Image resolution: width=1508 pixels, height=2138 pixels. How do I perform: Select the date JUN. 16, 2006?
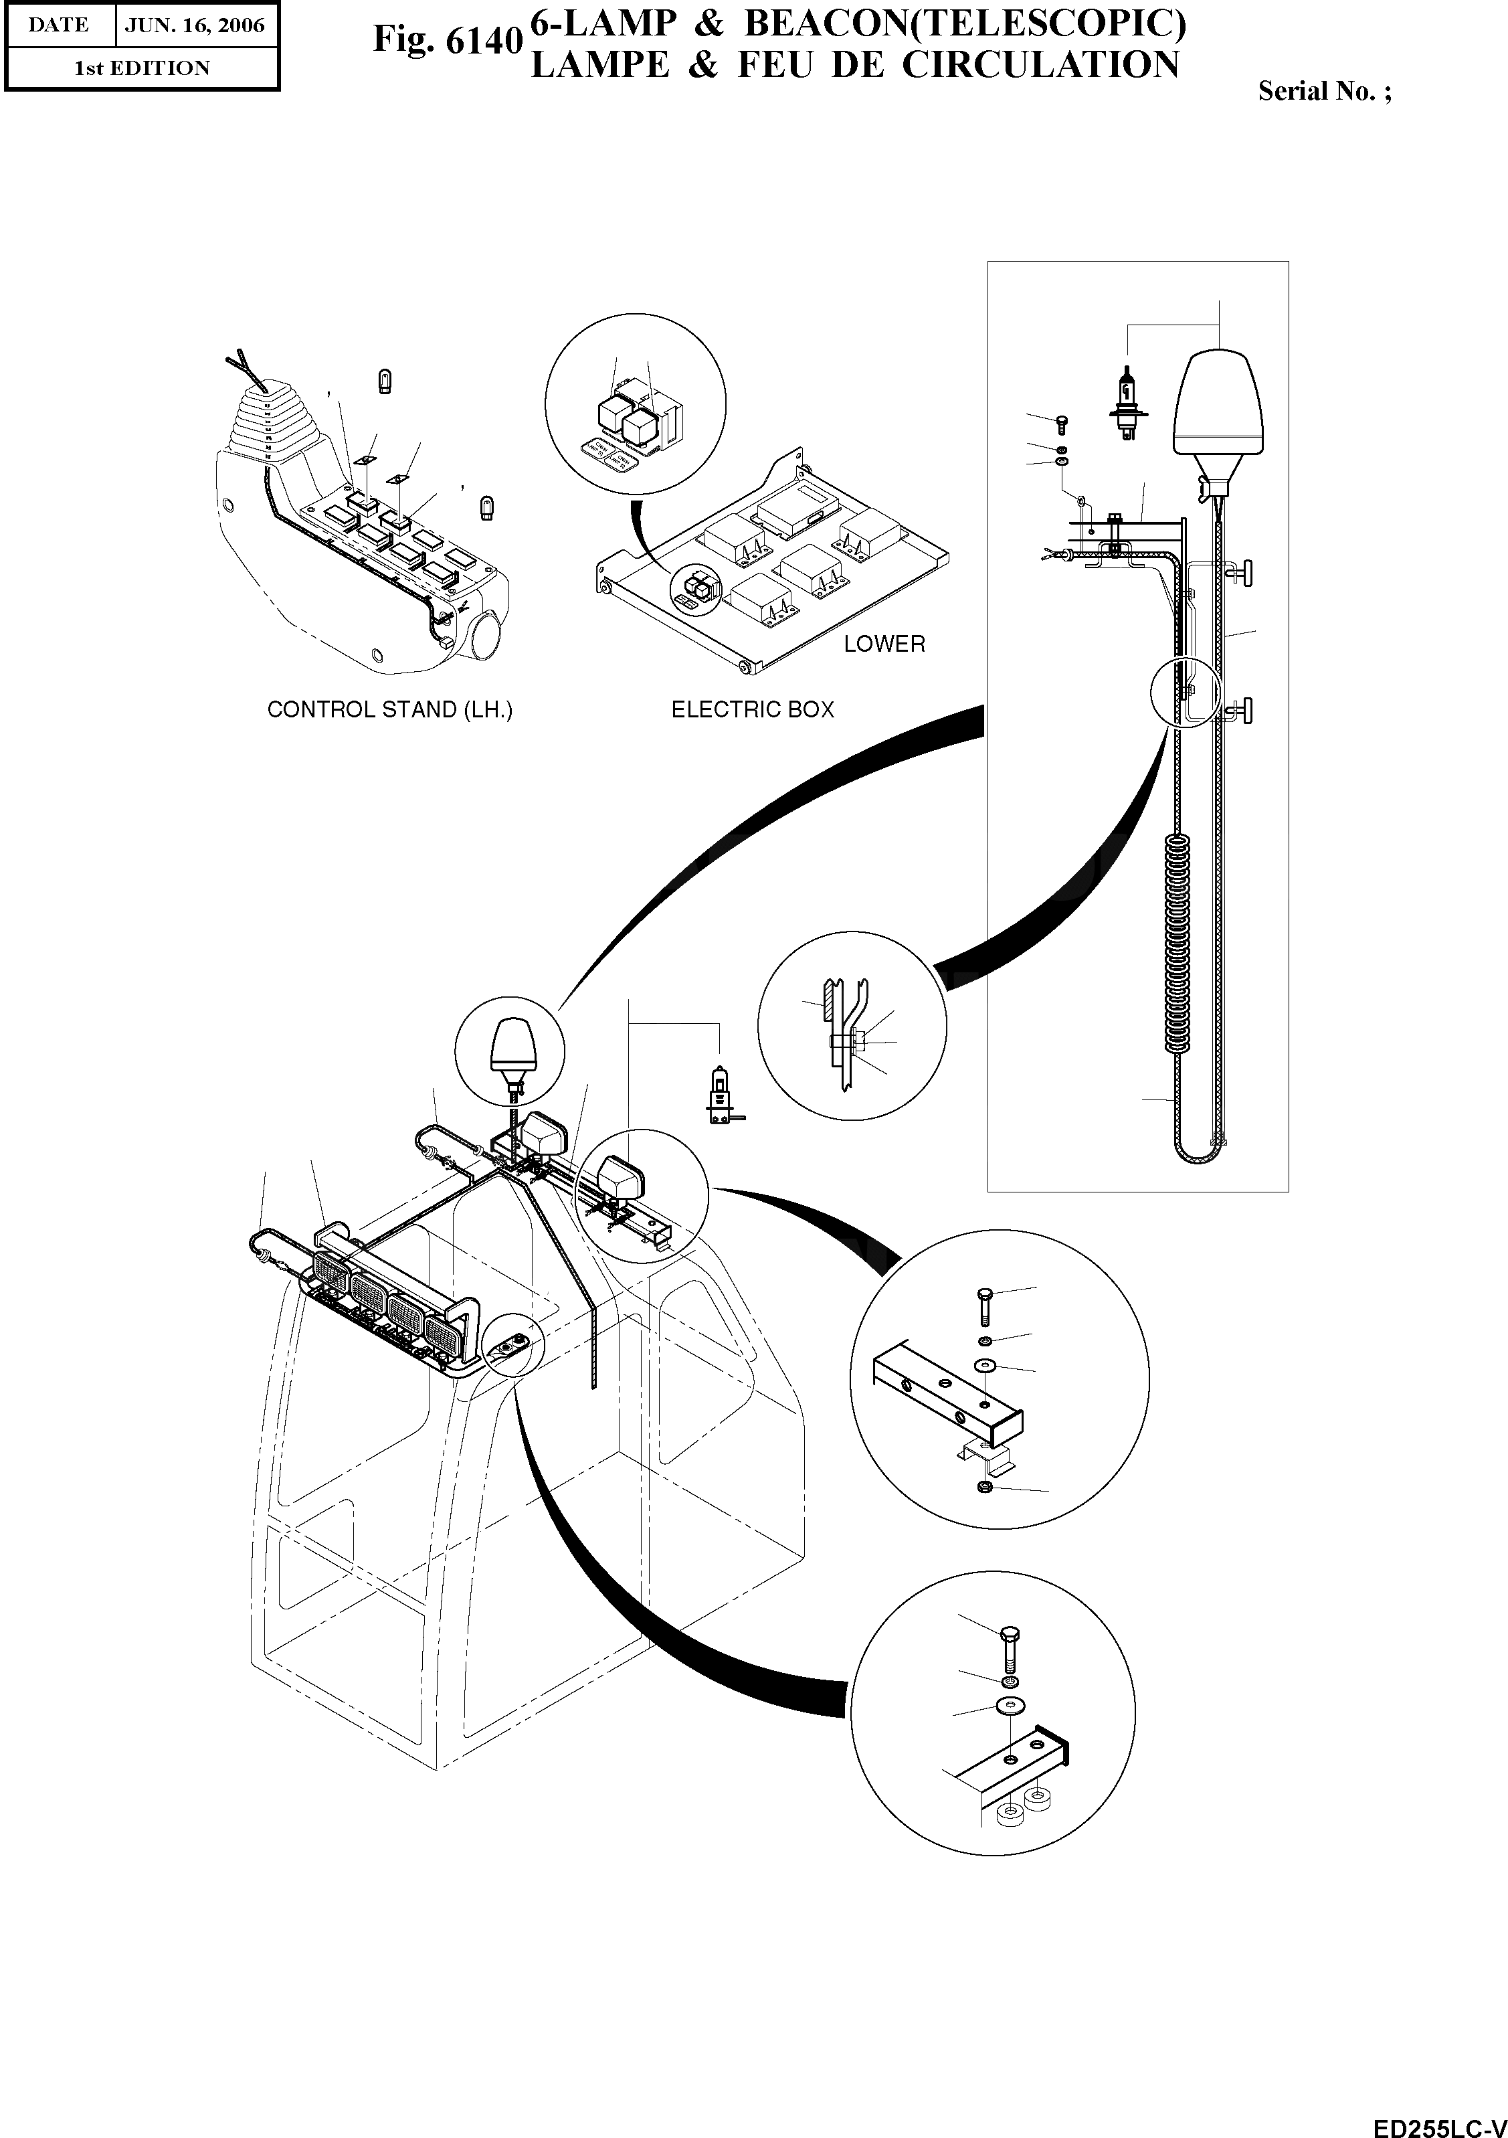coord(195,25)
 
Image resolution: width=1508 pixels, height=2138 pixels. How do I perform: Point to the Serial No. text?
coord(1325,91)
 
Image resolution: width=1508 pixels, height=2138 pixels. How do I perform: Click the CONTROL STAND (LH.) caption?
coord(389,709)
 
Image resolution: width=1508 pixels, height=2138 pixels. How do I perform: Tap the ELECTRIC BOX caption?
coord(752,709)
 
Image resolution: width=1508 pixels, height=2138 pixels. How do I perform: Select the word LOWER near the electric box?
coord(883,644)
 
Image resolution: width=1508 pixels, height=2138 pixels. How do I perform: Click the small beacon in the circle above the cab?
coord(509,1047)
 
